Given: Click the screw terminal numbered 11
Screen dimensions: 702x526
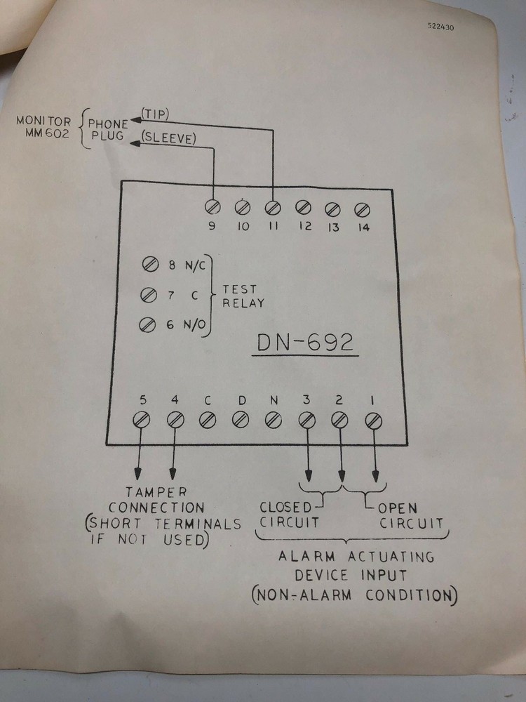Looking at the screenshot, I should (273, 208).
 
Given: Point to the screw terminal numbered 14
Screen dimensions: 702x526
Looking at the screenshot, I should (362, 208).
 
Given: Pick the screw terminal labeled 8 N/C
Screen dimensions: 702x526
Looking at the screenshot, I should (149, 265).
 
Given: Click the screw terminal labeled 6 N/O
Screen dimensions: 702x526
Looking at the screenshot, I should (148, 324).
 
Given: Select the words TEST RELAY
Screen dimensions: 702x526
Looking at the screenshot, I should (243, 296).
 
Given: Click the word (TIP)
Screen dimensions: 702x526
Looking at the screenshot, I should (156, 114).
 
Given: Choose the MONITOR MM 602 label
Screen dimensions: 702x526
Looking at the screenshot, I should (44, 128).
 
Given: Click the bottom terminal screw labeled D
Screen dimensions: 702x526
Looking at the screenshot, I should (241, 420).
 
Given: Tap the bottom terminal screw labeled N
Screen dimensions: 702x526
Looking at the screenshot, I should (273, 420).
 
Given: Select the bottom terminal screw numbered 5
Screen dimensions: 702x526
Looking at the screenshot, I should (142, 420).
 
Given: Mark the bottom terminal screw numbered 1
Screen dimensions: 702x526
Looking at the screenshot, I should (374, 420).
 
